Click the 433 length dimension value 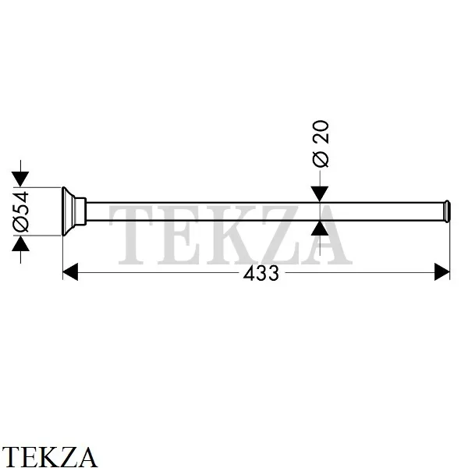(x=261, y=274)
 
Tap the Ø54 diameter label (x=21, y=212)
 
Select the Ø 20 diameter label (x=321, y=144)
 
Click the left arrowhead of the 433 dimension (x=70, y=272)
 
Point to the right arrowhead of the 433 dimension (x=442, y=272)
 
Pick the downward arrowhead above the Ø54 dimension (x=20, y=179)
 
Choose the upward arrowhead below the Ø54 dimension (x=20, y=243)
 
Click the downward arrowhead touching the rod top (x=320, y=194)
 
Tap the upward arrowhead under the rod (x=320, y=229)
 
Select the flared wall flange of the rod (x=69, y=211)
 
